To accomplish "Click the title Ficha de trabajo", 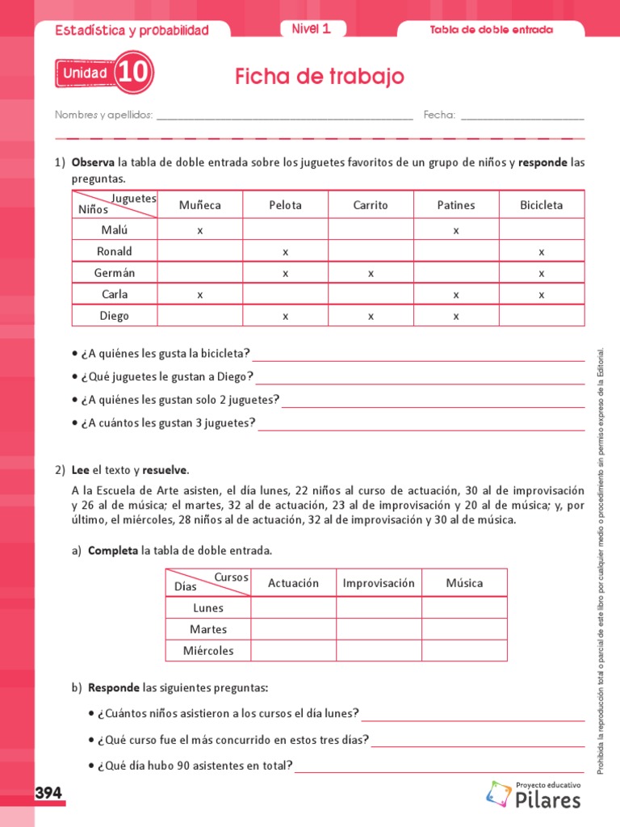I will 320,77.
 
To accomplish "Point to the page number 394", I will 48,794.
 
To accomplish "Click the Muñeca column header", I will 200,205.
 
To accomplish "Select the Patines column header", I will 456,205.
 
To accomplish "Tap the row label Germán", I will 115,273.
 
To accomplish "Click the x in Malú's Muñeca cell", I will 200,230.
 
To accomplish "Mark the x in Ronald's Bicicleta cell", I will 542,252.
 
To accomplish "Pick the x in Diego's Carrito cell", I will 371,317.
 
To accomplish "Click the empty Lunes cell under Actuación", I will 293,608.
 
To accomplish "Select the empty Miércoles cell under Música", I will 464,650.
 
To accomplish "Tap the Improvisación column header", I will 379,583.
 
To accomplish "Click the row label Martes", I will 208,629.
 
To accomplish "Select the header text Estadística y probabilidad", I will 132,31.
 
